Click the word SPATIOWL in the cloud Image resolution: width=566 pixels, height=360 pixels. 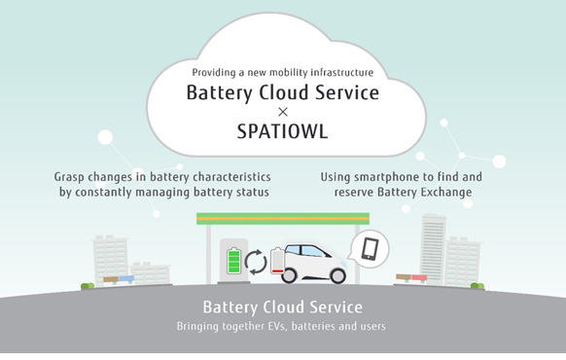[x=283, y=131]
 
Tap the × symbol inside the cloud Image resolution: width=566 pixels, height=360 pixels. [x=283, y=112]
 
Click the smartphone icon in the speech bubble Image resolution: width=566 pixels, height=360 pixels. [x=371, y=249]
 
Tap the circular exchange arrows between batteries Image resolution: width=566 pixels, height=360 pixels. [x=256, y=262]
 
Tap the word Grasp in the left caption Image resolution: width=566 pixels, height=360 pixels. [x=73, y=177]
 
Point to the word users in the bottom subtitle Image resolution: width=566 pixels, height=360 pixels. [x=371, y=326]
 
